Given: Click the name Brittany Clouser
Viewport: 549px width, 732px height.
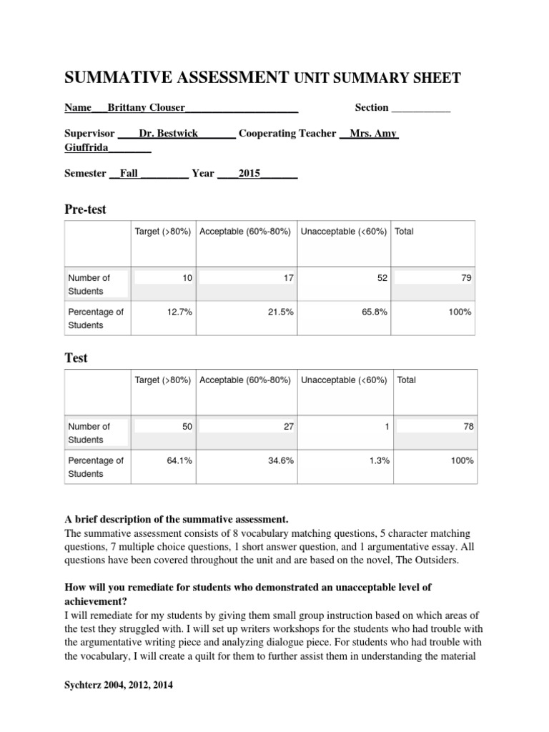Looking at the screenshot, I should [x=146, y=107].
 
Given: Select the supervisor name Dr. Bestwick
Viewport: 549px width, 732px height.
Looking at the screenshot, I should [x=169, y=134].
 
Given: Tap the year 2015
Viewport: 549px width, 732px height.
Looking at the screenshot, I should [x=249, y=173].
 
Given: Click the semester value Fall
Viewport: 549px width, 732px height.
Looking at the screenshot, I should [x=129, y=173].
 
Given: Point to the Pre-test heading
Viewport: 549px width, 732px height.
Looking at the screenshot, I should [x=85, y=209].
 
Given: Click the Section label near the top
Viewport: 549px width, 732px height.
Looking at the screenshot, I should [x=372, y=107].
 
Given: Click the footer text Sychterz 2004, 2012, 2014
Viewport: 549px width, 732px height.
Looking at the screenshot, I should [x=118, y=685].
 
